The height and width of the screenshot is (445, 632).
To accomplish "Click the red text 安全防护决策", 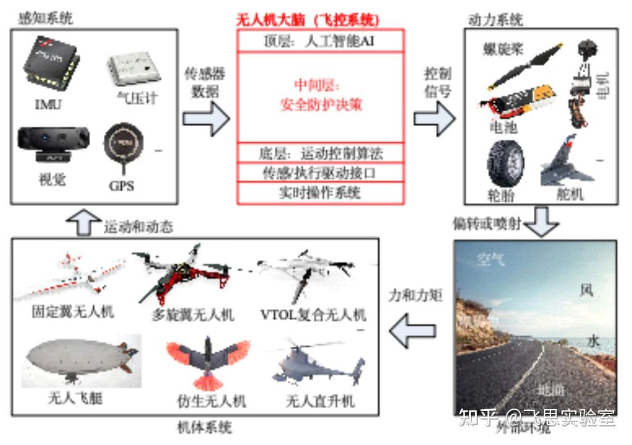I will point(321,104).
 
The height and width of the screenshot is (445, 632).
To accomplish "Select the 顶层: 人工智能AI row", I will point(321,42).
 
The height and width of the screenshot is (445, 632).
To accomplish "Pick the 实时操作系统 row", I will point(321,193).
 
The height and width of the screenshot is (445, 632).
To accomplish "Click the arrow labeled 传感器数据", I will point(206,118).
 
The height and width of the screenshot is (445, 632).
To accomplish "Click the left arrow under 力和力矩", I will point(415,330).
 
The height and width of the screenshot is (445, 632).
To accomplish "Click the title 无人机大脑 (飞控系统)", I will point(308,20).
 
